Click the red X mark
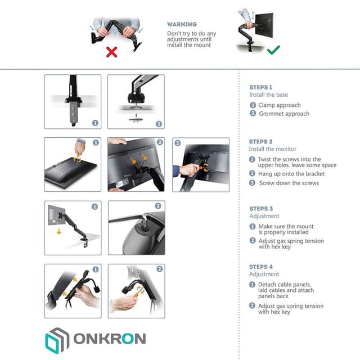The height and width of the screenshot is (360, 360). click(x=111, y=52)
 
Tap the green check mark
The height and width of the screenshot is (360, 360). click(x=273, y=51)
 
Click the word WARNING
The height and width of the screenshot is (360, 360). click(x=182, y=25)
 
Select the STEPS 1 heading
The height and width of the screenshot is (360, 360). click(x=261, y=88)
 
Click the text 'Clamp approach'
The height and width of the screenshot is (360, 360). click(x=280, y=105)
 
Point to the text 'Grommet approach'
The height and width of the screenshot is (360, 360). click(x=284, y=114)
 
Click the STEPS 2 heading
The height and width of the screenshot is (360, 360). click(x=261, y=142)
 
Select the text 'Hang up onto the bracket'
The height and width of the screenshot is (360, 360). click(x=291, y=174)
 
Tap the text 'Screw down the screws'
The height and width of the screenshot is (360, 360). click(x=289, y=183)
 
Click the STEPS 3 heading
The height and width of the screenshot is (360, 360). click(x=261, y=209)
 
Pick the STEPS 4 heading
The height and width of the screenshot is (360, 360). click(x=261, y=267)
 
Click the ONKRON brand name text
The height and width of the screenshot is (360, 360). click(x=109, y=339)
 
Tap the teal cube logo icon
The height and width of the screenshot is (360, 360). click(x=56, y=339)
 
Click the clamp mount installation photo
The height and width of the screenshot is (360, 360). click(x=73, y=102)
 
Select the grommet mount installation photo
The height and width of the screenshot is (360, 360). click(x=136, y=102)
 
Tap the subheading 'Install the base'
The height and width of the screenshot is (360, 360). click(x=268, y=95)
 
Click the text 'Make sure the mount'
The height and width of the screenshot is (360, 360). click(x=286, y=226)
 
